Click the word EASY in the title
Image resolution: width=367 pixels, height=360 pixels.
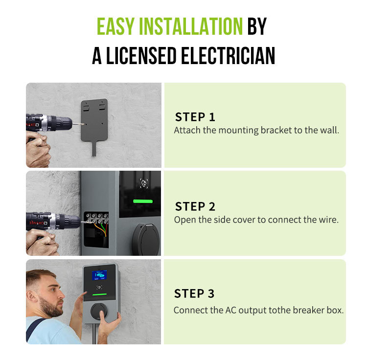coord(115,26)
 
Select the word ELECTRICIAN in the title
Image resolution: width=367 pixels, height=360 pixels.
coord(228,55)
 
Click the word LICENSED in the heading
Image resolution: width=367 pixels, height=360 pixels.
coord(141,55)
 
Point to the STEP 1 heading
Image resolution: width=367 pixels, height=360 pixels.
coord(195,117)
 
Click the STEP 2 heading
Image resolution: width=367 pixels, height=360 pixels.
coord(195,206)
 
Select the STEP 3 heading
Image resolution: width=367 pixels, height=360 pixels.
coord(194,293)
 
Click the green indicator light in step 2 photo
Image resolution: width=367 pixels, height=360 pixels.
coord(143,201)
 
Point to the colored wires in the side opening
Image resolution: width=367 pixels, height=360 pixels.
coord(101,229)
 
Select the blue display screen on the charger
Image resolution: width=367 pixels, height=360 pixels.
coord(99,275)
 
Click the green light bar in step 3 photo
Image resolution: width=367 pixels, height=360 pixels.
coord(100,294)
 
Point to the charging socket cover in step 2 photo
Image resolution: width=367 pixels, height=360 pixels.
coord(146,239)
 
